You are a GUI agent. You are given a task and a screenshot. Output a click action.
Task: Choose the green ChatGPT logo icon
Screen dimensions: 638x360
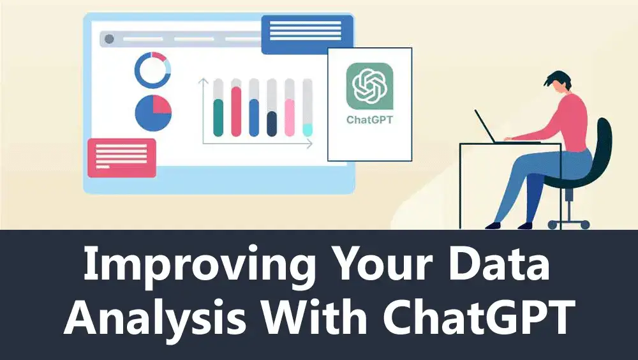369,86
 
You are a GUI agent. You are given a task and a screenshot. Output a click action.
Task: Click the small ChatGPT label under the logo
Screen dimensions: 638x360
369,120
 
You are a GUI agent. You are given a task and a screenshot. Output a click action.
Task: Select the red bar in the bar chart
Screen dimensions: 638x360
236,111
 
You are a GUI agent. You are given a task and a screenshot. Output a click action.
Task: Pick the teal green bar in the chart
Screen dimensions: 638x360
218,117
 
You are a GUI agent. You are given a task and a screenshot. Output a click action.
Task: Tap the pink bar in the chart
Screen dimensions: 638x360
290,117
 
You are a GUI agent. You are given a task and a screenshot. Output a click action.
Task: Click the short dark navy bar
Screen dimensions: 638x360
272,124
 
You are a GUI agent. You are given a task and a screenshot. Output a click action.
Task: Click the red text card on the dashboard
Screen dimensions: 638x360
122,158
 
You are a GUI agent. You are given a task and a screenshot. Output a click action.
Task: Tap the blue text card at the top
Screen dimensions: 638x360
307,34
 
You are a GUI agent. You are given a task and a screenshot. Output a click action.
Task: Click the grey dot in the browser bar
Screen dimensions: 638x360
109,39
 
